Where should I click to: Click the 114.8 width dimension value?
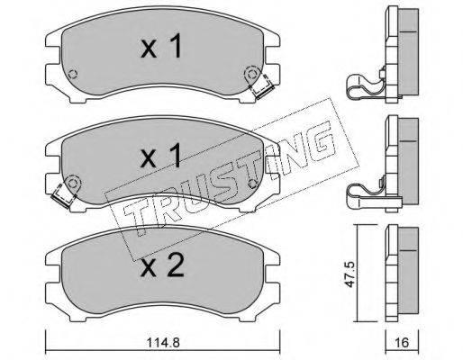pyautogui.click(x=163, y=342)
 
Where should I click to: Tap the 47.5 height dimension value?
pyautogui.click(x=350, y=274)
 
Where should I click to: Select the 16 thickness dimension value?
pyautogui.click(x=403, y=342)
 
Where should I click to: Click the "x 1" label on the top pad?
pyautogui.click(x=161, y=46)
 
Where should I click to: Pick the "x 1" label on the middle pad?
pyautogui.click(x=161, y=155)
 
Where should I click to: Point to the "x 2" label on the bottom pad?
pyautogui.click(x=162, y=265)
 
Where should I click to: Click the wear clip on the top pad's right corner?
pyautogui.click(x=262, y=87)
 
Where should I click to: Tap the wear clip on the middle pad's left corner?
pyautogui.click(x=63, y=195)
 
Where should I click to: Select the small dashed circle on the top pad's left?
pyautogui.click(x=73, y=74)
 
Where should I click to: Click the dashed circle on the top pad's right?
pyautogui.click(x=251, y=74)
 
